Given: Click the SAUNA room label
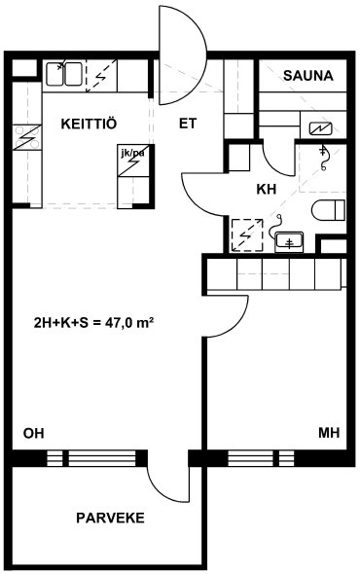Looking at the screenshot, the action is tap(308, 76).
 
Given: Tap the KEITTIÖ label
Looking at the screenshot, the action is tap(89, 124).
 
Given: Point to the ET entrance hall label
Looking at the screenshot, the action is tap(188, 124).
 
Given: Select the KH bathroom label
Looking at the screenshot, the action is tap(267, 190).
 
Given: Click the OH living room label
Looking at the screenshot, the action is tap(34, 433).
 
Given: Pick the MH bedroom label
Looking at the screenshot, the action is tap(329, 433).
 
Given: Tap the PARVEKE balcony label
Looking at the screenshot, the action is tap(110, 518).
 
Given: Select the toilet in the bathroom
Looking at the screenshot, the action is tap(329, 210).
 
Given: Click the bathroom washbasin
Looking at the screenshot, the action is tap(289, 242).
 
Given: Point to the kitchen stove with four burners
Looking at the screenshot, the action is tap(27, 137).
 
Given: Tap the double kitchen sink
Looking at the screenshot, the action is tap(63, 74).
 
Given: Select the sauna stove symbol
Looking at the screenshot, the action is tap(320, 128).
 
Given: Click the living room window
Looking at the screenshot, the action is tap(91, 458).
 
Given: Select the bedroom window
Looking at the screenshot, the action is tap(261, 458).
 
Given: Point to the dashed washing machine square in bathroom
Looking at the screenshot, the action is tap(247, 235).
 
